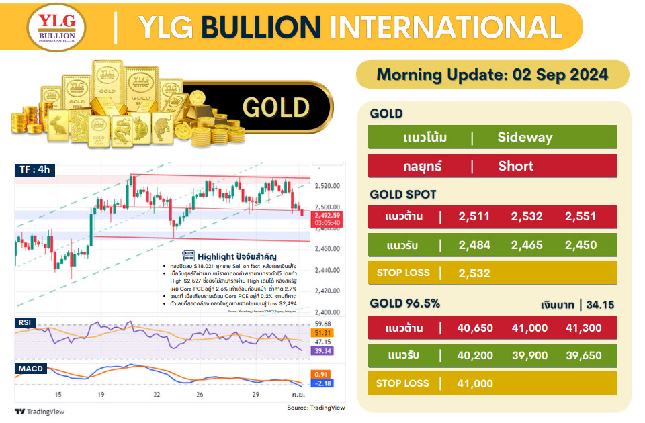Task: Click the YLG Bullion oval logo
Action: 56,27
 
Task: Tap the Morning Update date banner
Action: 492,74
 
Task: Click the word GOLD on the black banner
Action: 275,107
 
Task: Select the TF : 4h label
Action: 34,170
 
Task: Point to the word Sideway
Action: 525,138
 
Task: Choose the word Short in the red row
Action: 516,167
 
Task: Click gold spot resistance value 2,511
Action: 474,216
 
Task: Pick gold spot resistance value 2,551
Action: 581,216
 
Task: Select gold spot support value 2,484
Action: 474,245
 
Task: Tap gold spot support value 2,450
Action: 581,245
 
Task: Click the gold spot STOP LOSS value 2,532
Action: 474,273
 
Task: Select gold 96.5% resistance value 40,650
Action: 474,328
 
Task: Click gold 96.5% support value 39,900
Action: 529,356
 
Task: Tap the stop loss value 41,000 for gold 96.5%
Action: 474,384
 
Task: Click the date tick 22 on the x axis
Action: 157,395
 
